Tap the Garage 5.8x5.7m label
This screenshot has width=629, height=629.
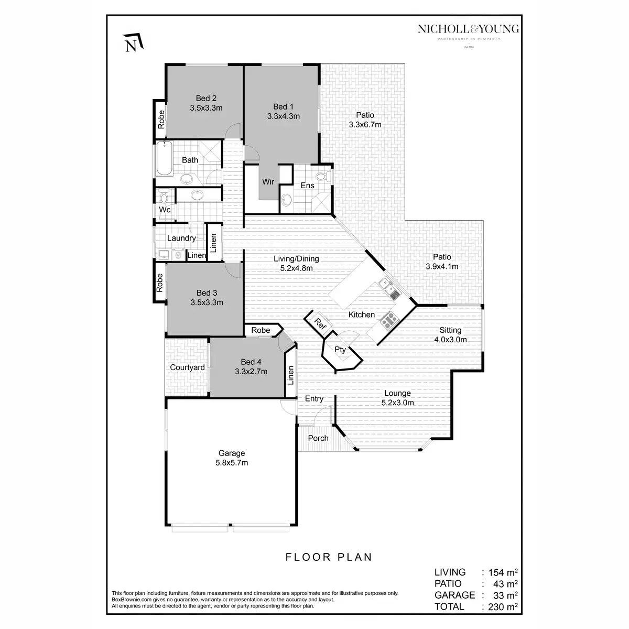231,458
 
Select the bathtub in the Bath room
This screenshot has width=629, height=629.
164,159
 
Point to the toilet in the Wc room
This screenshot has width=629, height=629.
164,197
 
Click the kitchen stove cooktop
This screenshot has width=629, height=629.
388,319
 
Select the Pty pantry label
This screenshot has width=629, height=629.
340,350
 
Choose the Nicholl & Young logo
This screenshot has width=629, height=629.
468,32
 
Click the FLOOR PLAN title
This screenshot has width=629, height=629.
329,557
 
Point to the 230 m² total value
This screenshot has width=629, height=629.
500,606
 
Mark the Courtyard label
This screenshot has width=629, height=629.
187,367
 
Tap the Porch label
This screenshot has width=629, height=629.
318,438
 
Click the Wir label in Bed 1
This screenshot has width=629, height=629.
268,182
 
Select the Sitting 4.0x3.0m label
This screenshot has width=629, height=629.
450,334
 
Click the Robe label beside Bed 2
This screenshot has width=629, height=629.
161,120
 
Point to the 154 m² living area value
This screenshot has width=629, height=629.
500,572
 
